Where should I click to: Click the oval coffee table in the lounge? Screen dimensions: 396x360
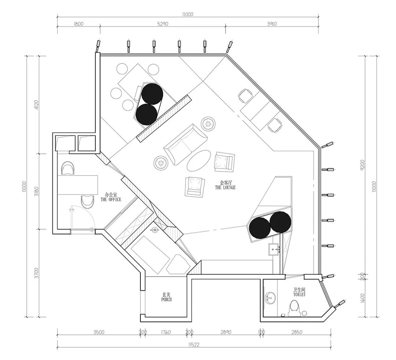(199, 161)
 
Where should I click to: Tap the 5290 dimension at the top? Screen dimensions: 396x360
(163, 24)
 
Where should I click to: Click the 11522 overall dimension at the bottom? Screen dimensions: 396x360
(194, 345)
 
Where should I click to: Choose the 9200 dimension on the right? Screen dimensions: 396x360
(363, 165)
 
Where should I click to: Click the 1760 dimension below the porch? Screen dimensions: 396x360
(166, 332)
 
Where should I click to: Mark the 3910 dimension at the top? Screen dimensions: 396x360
(272, 24)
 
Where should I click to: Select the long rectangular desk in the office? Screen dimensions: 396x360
(77, 185)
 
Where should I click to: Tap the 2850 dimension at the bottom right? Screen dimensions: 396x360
(297, 332)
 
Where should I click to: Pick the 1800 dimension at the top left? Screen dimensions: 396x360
(78, 24)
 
